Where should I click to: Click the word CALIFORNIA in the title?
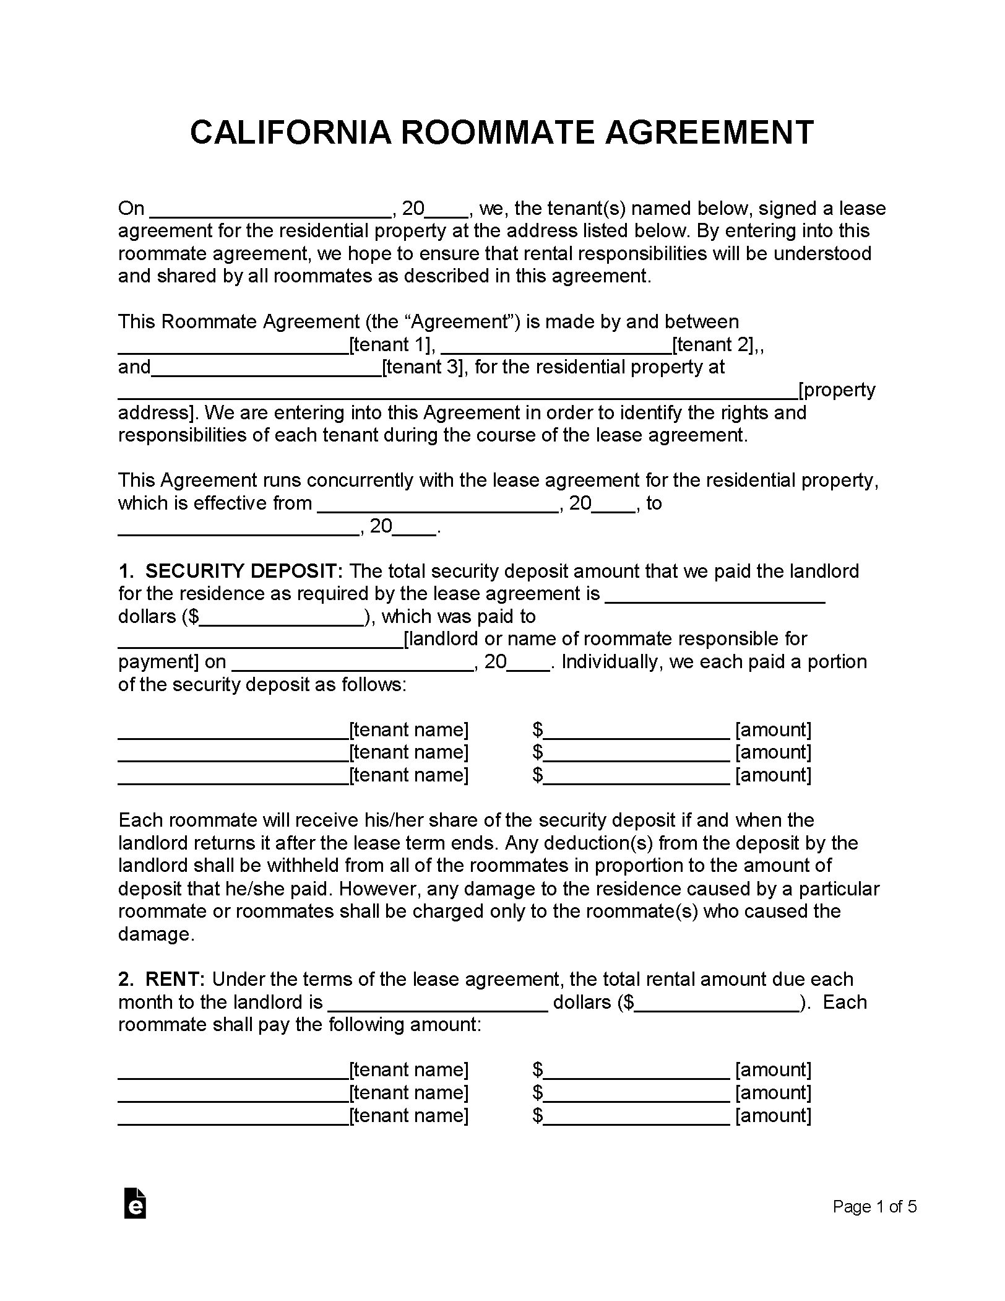pyautogui.click(x=290, y=133)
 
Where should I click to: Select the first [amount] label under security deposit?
pyautogui.click(x=773, y=729)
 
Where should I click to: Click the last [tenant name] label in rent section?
pyautogui.click(x=408, y=1115)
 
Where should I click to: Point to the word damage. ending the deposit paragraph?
pyautogui.click(x=157, y=934)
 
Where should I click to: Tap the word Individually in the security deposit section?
pyautogui.click(x=610, y=662)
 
